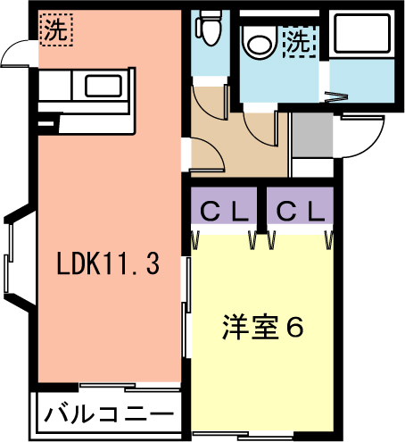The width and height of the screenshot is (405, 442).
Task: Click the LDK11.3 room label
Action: click(x=108, y=263)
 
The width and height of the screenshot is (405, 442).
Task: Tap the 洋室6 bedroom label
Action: click(x=262, y=327)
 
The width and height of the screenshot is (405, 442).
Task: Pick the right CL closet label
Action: click(x=301, y=212)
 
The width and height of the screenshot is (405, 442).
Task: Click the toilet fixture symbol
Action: click(x=209, y=28)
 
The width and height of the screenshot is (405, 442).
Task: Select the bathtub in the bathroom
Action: click(x=362, y=33)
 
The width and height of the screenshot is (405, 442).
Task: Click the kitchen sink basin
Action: click(x=103, y=87)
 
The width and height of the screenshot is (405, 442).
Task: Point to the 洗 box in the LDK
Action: click(x=56, y=29)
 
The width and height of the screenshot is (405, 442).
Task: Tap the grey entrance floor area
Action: click(x=312, y=135)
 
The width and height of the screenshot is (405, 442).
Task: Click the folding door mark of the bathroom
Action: click(x=335, y=97)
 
